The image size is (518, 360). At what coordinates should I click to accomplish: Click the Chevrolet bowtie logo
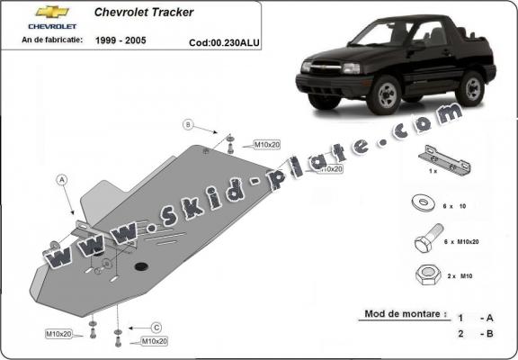pos(51,13)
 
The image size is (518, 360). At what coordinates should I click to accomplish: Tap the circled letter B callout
pos(189,123)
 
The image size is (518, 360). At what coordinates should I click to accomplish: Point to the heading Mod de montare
pos(404,314)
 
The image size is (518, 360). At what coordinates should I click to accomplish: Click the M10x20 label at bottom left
pos(59,334)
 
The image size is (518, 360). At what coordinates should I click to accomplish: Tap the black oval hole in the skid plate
pos(141,266)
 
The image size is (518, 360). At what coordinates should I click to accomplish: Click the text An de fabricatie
pos(55,40)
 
